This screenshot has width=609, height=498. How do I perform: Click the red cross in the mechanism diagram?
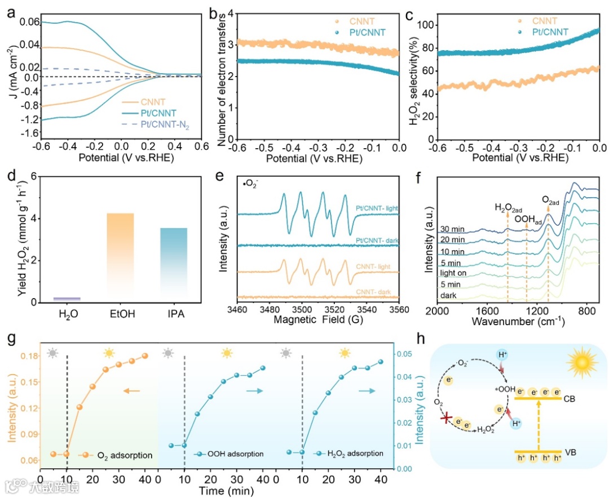(448, 418)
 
